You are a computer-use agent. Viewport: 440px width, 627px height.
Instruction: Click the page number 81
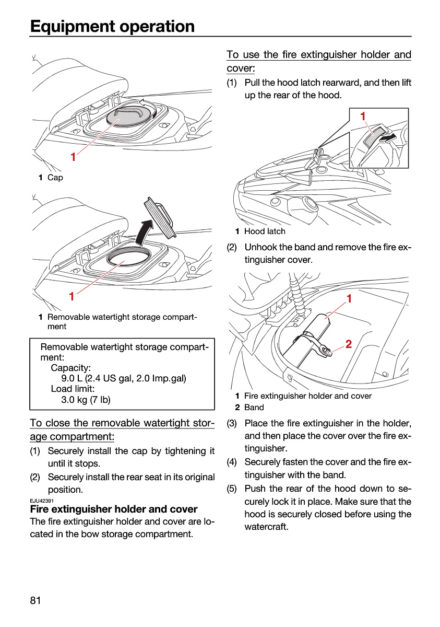click(35, 600)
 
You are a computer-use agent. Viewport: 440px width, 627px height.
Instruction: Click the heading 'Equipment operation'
click(112, 26)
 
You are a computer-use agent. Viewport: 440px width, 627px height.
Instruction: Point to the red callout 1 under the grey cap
click(73, 157)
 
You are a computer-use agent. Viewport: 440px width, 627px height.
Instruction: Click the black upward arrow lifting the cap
click(144, 232)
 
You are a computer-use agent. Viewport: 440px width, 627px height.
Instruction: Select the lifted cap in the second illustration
click(160, 218)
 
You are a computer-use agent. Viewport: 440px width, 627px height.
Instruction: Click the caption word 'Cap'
click(55, 178)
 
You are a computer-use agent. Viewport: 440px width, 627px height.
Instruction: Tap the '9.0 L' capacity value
click(72, 378)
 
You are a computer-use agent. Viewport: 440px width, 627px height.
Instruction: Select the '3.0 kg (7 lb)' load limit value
click(86, 399)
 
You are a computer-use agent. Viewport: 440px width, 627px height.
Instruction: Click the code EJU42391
click(42, 500)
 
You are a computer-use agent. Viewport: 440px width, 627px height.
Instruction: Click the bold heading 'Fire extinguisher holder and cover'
click(114, 509)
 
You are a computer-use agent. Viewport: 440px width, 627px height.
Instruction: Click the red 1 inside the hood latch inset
click(363, 117)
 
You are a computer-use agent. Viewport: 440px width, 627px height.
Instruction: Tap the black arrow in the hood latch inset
click(388, 138)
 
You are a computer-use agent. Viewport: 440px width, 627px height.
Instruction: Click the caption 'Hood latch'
click(265, 231)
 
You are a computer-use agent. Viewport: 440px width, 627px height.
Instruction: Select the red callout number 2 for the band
click(349, 344)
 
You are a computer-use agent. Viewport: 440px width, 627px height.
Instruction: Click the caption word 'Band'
click(254, 407)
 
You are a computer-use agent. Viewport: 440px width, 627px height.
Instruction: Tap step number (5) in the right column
click(232, 489)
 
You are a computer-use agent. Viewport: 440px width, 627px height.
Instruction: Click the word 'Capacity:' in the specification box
click(71, 368)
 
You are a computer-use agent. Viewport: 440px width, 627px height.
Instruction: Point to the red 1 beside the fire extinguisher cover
click(349, 299)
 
